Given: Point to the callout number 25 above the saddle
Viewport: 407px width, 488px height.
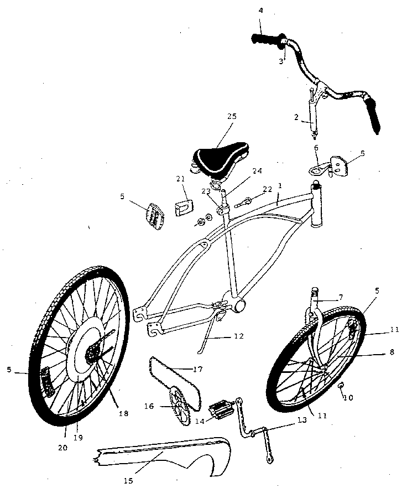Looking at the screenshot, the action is click(231, 116).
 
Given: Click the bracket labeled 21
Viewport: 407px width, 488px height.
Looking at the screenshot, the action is click(183, 205).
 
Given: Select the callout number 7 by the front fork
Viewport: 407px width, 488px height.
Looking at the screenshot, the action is click(341, 298).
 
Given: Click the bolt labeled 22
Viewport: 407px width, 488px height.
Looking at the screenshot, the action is click(246, 200).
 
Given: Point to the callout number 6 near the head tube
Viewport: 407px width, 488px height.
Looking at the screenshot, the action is click(316, 148).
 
